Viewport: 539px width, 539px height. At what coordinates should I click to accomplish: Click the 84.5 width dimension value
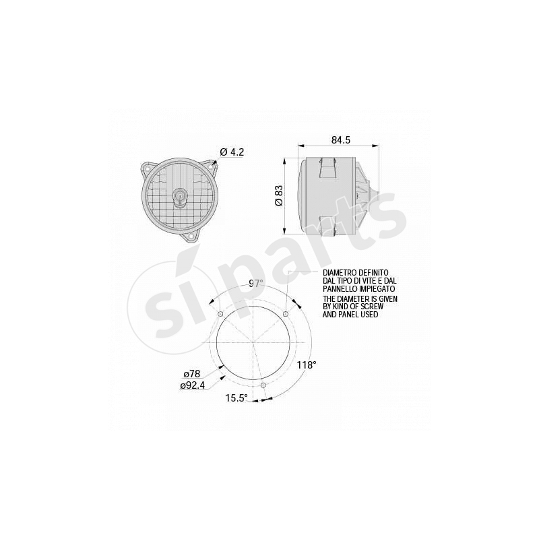(341, 140)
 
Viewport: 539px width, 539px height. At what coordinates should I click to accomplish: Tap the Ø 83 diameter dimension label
(279, 195)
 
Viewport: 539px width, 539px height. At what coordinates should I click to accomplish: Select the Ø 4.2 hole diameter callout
(232, 152)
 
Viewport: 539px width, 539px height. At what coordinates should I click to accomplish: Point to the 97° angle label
(256, 283)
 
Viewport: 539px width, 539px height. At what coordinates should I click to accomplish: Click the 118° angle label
(307, 364)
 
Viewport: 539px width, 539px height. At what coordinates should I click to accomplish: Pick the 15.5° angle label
(236, 398)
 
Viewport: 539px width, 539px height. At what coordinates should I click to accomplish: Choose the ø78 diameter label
(192, 374)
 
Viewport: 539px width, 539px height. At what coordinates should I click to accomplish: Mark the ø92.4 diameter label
(193, 385)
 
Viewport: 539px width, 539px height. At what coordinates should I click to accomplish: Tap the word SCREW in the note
(373, 307)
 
